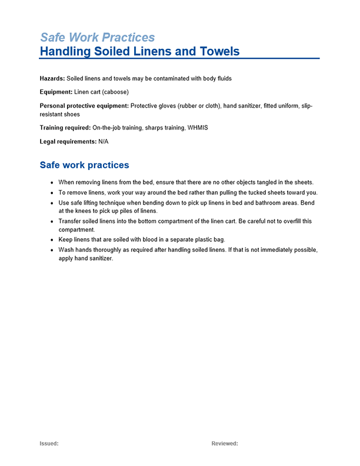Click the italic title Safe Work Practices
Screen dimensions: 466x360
coord(97,37)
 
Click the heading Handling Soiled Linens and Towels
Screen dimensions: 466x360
coord(139,51)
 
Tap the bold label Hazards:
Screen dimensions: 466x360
coord(52,78)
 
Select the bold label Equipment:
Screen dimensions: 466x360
coord(56,92)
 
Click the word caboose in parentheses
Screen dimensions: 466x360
coord(114,92)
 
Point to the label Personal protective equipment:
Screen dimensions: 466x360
coord(84,106)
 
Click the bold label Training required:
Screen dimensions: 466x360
coord(65,128)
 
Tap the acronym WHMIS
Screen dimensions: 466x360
coord(198,128)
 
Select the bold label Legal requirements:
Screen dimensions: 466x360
coord(68,142)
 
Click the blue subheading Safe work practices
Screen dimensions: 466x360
coord(84,165)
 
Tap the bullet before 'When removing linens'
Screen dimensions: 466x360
coord(53,182)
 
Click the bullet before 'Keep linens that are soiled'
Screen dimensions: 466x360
coord(53,240)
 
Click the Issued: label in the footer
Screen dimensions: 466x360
coord(49,444)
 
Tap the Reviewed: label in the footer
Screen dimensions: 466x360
coord(225,444)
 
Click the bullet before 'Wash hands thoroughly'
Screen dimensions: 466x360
coord(53,250)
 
